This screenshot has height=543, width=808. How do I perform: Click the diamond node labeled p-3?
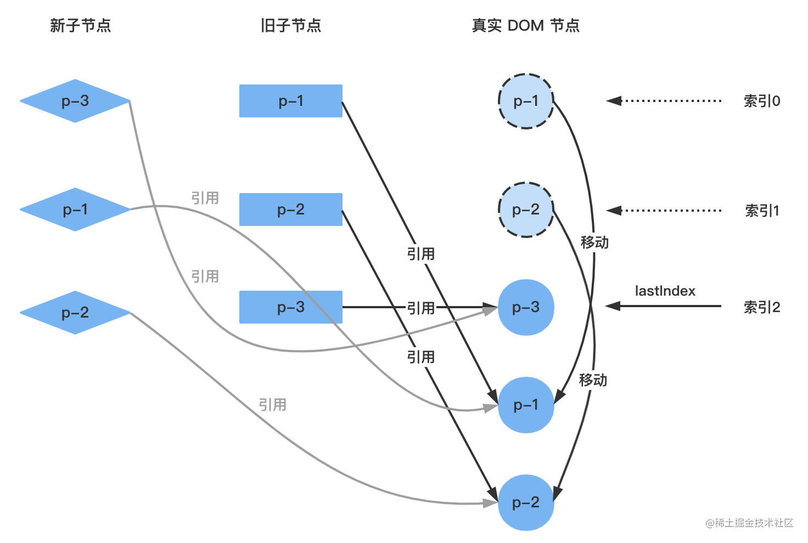75,101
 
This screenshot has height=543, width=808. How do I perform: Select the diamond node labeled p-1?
75,210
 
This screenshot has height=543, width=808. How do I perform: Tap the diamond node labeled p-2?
75,313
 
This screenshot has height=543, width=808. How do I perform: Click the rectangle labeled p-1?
290,101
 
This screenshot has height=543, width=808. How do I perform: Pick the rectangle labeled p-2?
290,210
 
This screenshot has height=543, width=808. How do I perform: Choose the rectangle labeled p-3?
290,307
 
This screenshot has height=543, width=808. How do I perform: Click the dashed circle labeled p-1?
525,101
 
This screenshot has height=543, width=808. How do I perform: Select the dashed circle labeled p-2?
525,210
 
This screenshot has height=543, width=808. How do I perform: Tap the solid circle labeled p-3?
525,307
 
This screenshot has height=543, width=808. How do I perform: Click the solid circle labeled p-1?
525,405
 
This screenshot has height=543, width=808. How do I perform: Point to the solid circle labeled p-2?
525,502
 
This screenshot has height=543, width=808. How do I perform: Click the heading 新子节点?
80,26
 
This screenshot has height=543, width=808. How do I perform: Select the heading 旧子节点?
290,26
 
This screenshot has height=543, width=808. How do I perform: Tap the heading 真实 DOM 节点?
525,26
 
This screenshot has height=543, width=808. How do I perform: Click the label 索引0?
761,101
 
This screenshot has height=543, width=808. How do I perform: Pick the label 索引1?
761,211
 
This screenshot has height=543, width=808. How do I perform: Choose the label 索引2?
761,307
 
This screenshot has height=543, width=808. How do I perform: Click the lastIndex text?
665,291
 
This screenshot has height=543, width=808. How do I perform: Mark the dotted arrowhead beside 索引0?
614,101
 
